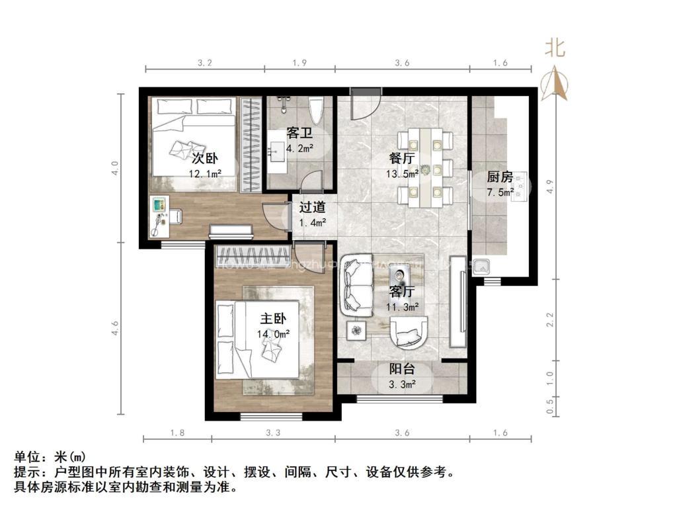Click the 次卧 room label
(205, 159)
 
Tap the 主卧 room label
(272, 319)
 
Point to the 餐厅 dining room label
(403, 159)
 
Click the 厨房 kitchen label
(500, 177)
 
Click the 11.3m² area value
(403, 306)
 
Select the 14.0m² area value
(273, 335)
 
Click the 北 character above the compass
(554, 48)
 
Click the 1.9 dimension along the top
(299, 63)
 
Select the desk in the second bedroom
(161, 216)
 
